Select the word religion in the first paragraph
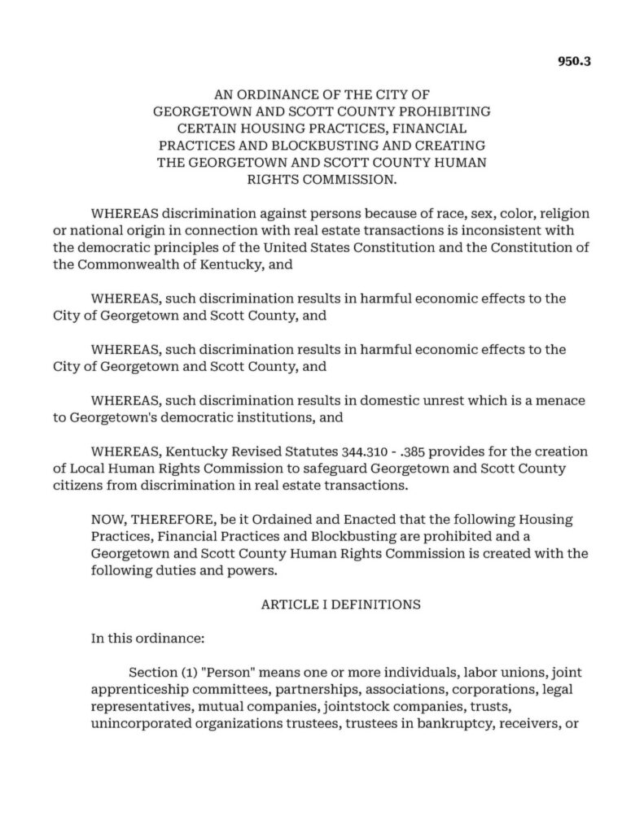pos(562,213)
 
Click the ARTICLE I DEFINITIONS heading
pos(340,604)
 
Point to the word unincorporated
pos(149,725)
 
